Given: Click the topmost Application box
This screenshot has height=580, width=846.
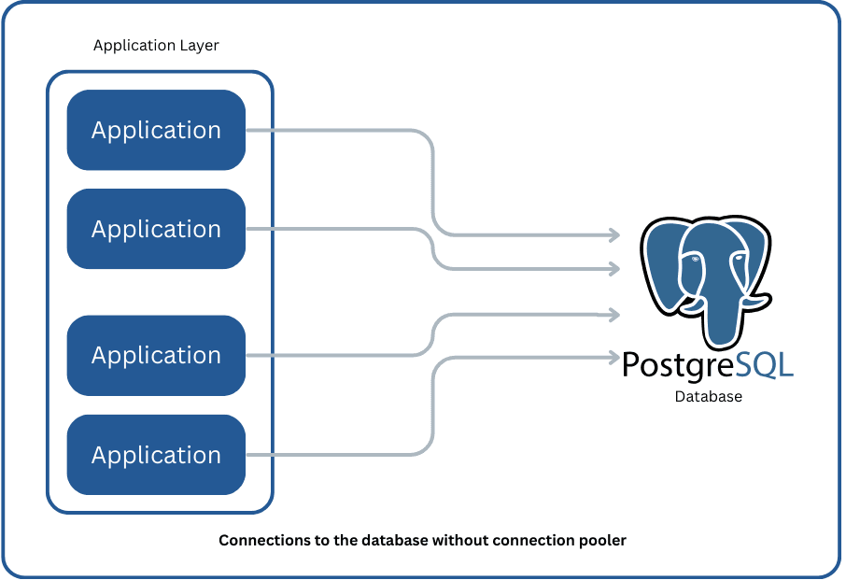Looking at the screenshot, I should pos(156,130).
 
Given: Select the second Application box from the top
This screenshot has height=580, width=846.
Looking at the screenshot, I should pos(156,229).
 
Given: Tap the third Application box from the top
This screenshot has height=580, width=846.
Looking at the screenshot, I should pos(156,355).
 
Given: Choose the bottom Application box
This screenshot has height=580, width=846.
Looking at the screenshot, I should pos(156,455).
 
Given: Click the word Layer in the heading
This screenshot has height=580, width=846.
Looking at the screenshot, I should pos(200,45).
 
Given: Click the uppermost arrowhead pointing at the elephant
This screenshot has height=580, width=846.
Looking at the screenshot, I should pos(614,233).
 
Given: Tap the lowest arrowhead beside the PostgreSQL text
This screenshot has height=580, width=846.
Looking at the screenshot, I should pos(614,356).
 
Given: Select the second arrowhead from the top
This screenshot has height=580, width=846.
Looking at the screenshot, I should pos(614,269).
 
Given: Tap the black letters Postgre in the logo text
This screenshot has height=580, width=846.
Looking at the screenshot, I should pos(678,363).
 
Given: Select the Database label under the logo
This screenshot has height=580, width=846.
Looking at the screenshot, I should pos(708,397).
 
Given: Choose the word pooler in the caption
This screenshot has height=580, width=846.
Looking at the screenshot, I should pos(603,541).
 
